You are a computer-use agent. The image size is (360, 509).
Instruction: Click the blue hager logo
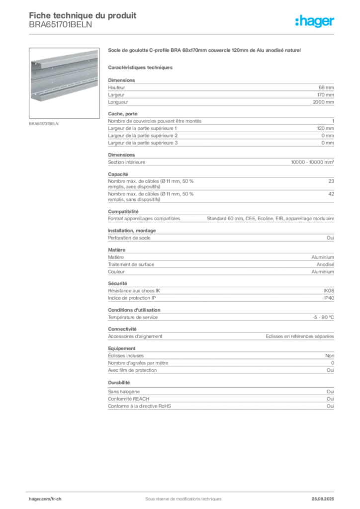(x=316, y=22)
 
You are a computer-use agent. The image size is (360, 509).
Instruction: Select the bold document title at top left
(x=83, y=14)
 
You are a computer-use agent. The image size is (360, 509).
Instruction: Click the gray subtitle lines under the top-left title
(x=60, y=27)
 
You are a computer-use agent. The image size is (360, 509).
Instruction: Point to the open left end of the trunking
(x=35, y=80)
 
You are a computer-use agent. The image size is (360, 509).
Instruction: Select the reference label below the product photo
(x=44, y=124)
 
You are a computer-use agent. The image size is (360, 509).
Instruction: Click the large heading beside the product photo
(x=204, y=51)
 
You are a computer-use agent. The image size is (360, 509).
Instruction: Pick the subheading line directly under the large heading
(x=141, y=67)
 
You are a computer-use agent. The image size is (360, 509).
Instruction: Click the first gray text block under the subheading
(x=220, y=92)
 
